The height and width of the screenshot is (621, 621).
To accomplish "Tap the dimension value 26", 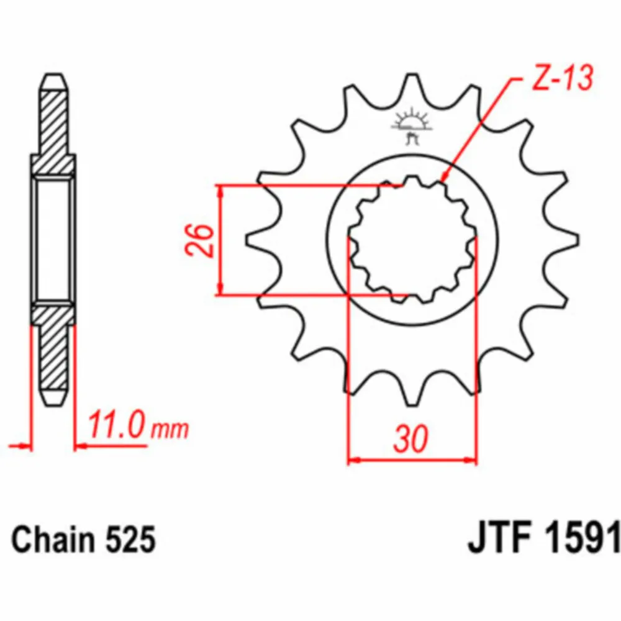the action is (x=199, y=240).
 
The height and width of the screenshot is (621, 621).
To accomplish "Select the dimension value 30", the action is (x=411, y=439).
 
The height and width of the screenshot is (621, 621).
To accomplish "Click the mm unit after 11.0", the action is (x=170, y=429).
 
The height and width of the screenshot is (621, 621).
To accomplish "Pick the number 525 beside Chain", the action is (x=130, y=540).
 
